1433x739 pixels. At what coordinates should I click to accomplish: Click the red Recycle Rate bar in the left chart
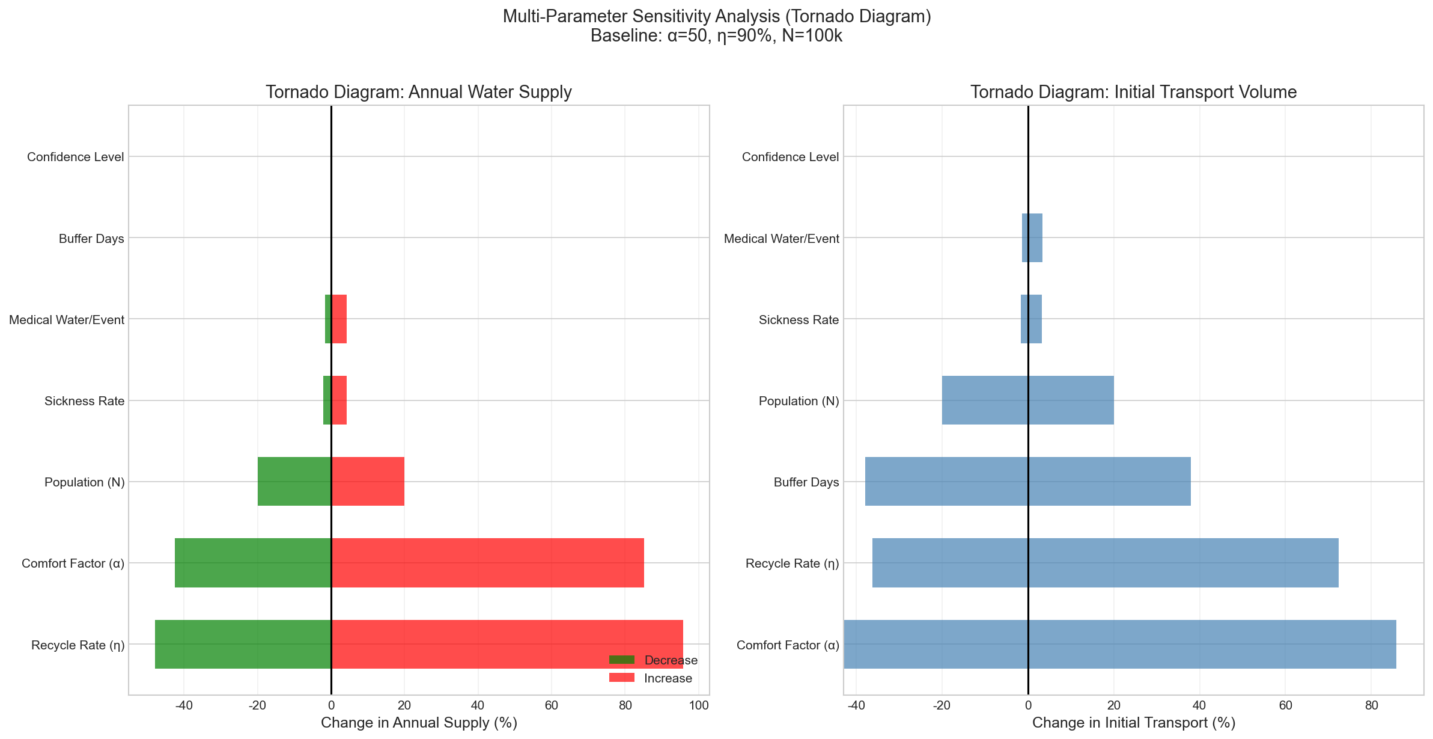coord(507,643)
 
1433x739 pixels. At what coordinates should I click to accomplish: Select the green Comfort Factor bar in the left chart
coord(253,563)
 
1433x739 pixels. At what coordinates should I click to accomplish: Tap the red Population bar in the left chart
coord(368,481)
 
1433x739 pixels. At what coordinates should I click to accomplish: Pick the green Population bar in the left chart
coord(294,481)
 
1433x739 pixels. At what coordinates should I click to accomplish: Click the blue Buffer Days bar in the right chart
coord(1027,481)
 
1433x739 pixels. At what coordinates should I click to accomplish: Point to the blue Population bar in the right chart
coord(1027,400)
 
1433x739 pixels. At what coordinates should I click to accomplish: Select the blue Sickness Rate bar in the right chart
coord(1031,319)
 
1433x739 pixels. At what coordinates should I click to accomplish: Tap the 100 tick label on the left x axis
coord(699,705)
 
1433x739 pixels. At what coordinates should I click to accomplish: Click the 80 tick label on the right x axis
coord(1371,705)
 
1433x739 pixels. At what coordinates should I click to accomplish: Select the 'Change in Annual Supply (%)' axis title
coord(419,723)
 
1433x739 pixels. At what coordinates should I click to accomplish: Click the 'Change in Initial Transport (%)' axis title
coord(1133,723)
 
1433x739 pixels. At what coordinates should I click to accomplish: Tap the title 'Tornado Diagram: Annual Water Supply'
coord(418,92)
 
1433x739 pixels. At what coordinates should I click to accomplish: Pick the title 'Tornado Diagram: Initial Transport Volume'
coord(1133,92)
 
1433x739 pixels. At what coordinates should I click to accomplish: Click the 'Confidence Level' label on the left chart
coord(76,157)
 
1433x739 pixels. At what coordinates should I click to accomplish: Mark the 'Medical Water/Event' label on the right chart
coord(781,239)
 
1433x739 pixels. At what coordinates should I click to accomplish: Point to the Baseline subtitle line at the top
coord(716,36)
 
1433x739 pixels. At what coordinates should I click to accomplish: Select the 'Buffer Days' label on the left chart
coord(91,239)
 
